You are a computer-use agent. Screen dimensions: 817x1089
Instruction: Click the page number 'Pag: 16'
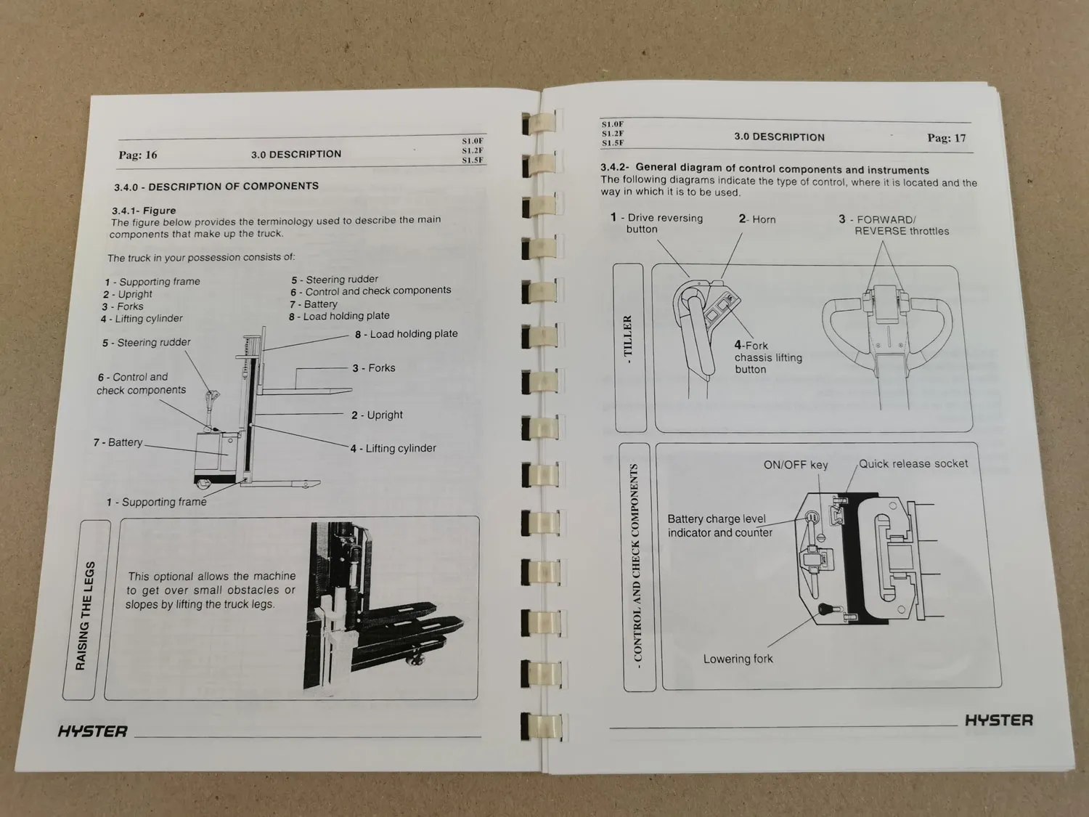138,155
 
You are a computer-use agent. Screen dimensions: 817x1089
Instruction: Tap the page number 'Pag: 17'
946,138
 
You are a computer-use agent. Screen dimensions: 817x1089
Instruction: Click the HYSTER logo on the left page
93,731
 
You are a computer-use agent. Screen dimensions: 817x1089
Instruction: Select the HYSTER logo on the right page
998,720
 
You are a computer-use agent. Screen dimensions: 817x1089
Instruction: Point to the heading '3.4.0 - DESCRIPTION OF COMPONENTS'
216,187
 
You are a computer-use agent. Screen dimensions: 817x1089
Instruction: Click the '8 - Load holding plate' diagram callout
406,334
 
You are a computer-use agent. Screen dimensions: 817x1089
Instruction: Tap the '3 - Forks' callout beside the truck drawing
374,368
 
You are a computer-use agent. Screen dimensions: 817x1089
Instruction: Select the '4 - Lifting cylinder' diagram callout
393,448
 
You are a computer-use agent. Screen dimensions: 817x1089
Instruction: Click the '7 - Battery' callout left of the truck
118,442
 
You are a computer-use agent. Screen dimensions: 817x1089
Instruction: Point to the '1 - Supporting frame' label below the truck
157,502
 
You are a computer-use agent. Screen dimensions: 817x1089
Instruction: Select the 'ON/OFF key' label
795,465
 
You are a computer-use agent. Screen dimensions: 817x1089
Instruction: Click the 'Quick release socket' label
913,463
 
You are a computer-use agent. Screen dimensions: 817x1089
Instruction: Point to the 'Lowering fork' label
738,659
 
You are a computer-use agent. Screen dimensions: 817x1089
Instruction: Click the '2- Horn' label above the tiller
757,219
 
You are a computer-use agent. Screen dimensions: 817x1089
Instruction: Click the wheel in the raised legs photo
418,659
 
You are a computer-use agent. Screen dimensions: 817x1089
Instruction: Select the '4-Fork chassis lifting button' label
767,357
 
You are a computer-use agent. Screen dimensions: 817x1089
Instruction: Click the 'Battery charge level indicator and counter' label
719,526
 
